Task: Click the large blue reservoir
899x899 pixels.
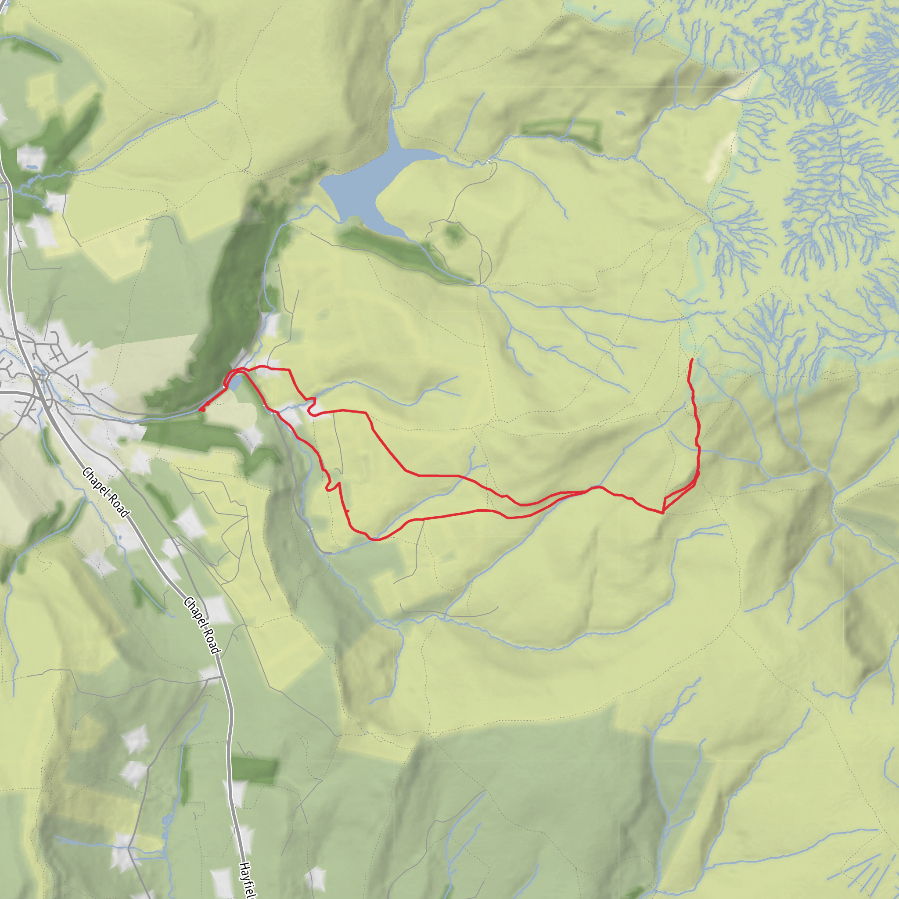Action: [367, 186]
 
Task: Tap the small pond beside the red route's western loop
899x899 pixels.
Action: [235, 383]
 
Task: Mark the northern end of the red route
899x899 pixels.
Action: [692, 359]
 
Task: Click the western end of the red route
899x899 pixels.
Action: [200, 410]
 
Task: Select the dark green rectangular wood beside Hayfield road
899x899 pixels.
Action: [255, 770]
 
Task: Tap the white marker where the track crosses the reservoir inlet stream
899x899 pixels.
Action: [488, 162]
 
